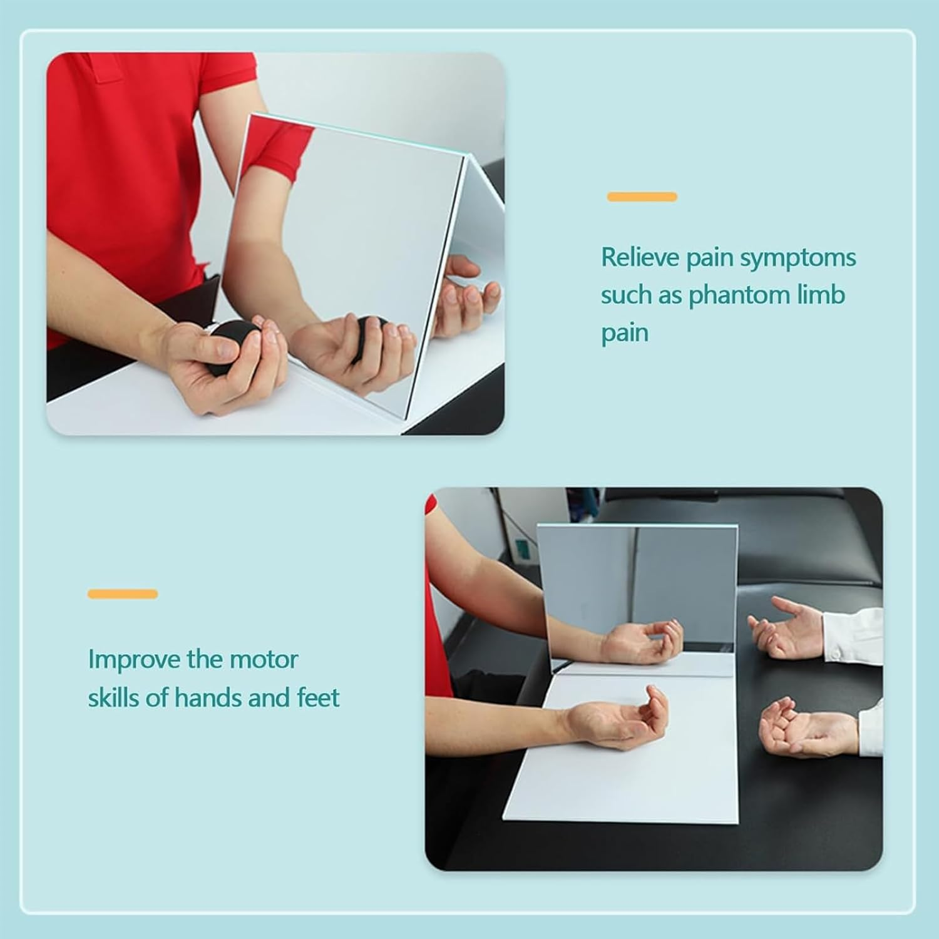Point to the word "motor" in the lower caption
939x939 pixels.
pyautogui.click(x=264, y=660)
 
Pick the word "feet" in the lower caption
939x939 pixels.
pyautogui.click(x=318, y=697)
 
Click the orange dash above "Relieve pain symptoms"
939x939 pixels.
pyautogui.click(x=642, y=197)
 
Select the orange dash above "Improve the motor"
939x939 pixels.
pyautogui.click(x=123, y=593)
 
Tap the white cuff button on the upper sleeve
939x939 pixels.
pyautogui.click(x=834, y=654)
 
